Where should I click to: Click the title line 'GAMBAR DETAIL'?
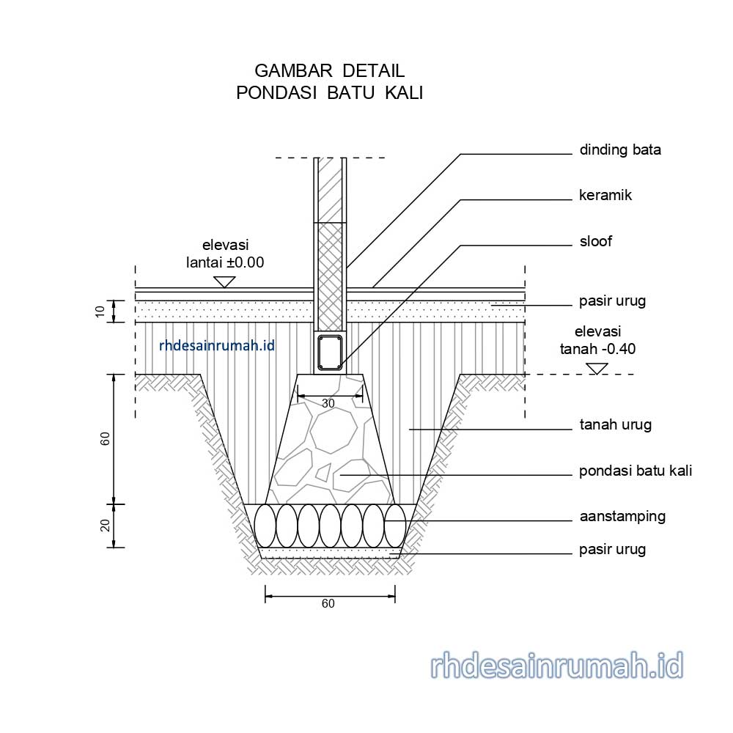(329, 71)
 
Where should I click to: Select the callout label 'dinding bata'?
(620, 150)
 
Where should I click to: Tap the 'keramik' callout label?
(605, 196)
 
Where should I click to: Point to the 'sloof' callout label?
(595, 241)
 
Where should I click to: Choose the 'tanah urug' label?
(615, 424)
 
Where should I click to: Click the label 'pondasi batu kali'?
(635, 471)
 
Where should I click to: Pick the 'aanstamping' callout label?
(622, 516)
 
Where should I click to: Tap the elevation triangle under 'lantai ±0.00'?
(224, 281)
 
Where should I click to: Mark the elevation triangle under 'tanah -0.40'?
(597, 369)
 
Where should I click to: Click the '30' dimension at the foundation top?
(328, 404)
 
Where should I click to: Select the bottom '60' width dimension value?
(328, 604)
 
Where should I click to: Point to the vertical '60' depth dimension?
(105, 439)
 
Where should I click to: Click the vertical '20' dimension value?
(105, 526)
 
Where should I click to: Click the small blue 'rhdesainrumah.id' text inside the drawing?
(217, 345)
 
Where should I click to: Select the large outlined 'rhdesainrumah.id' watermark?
(556, 666)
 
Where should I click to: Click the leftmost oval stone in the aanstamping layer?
(265, 525)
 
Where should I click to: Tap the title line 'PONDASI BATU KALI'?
(329, 93)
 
